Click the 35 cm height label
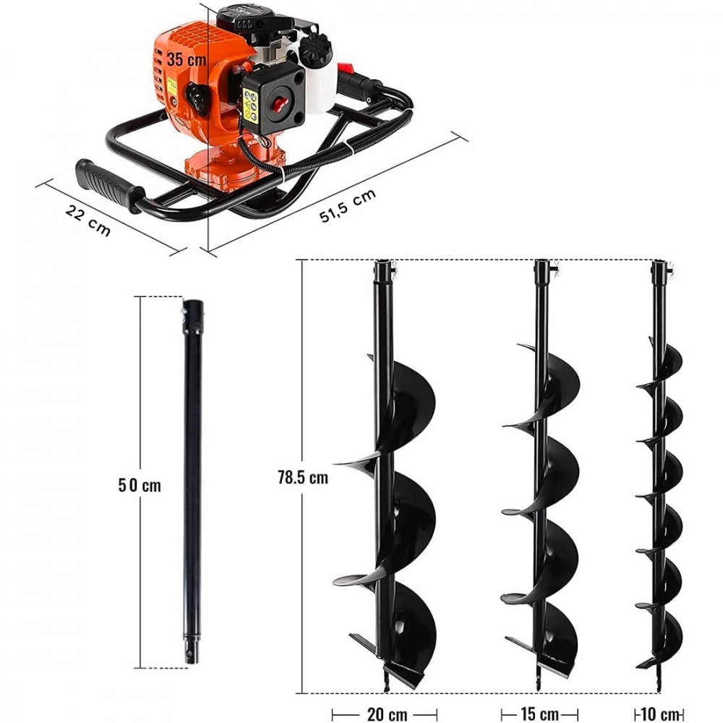coord(187,60)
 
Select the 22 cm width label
coord(88,220)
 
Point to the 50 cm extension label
coord(140,485)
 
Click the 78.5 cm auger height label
coord(302,477)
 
